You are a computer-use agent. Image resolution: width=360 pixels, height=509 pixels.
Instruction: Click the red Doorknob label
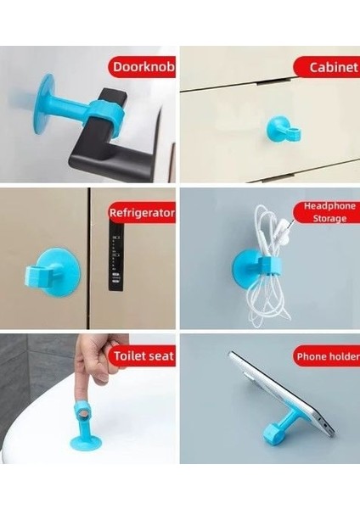click(140, 67)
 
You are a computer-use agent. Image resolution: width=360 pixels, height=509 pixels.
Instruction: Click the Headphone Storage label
click(326, 212)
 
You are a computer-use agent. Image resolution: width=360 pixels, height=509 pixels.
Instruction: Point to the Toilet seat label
click(142, 355)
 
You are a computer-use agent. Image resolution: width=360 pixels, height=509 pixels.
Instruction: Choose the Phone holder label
click(326, 355)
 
